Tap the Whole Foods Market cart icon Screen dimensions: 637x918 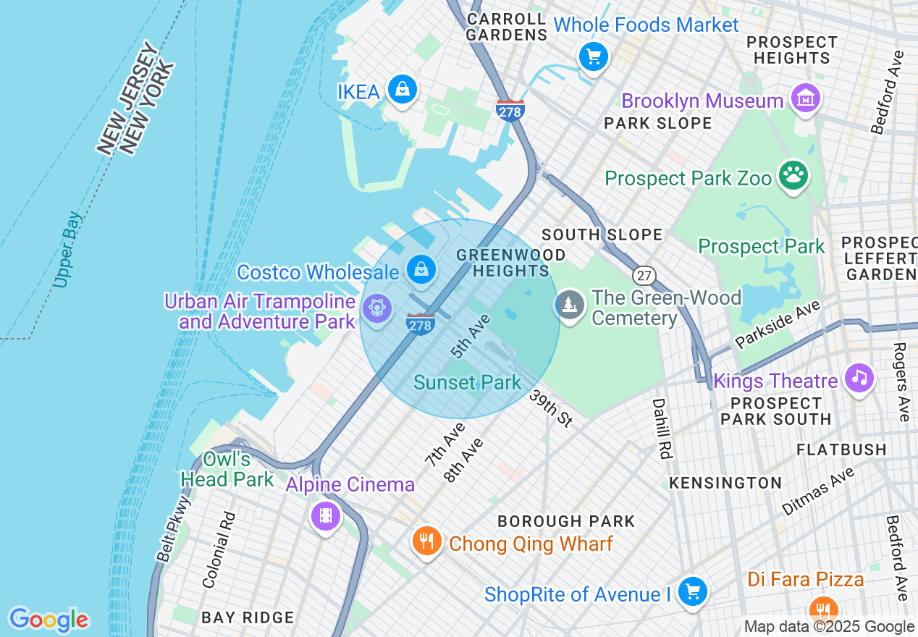tap(593, 56)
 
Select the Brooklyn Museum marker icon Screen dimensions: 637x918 tap(805, 98)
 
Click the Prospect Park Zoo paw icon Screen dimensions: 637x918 tap(793, 174)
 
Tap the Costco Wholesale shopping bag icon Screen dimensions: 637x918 tap(421, 270)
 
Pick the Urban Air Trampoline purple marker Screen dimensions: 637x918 tap(376, 308)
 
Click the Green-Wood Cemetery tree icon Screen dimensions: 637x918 tap(570, 305)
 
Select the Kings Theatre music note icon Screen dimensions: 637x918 tap(859, 377)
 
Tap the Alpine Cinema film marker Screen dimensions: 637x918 tap(325, 515)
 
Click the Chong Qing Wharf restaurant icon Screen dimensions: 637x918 tap(427, 541)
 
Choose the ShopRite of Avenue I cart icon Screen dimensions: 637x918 tap(693, 591)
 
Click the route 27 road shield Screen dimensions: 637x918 tap(644, 275)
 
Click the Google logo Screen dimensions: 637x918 tap(49, 620)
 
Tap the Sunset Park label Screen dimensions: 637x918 tap(467, 382)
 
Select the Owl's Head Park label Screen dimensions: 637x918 tap(227, 469)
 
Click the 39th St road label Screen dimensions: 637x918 tap(551, 408)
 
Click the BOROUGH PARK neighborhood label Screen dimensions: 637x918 tap(565, 521)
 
